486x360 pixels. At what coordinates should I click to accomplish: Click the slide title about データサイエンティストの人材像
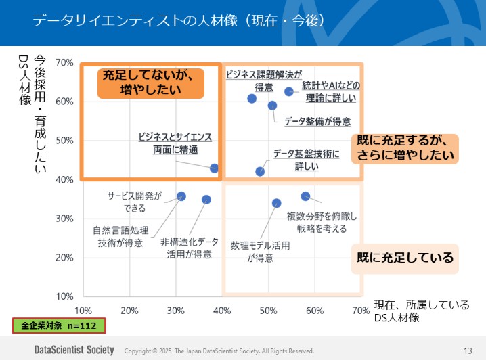pyautogui.click(x=181, y=20)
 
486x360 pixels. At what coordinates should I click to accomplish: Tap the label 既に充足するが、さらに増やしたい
pyautogui.click(x=405, y=148)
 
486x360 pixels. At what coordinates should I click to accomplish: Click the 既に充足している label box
pyautogui.click(x=405, y=258)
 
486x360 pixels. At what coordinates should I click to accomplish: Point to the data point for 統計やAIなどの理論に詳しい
pyautogui.click(x=289, y=91)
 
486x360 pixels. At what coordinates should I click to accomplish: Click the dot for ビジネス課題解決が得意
pyautogui.click(x=252, y=99)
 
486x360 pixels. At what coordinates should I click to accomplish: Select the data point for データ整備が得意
pyautogui.click(x=272, y=106)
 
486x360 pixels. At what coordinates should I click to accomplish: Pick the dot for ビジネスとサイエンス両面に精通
pyautogui.click(x=214, y=168)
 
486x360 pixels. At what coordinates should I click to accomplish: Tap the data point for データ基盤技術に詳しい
pyautogui.click(x=260, y=172)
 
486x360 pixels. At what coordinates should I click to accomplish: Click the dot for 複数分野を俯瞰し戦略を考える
pyautogui.click(x=305, y=196)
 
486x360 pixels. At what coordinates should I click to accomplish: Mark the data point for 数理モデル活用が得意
pyautogui.click(x=276, y=203)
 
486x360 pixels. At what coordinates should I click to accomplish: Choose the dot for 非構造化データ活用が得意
pyautogui.click(x=206, y=200)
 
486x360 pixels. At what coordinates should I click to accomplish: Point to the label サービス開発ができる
pyautogui.click(x=135, y=202)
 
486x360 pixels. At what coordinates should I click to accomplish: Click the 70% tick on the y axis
pyautogui.click(x=64, y=63)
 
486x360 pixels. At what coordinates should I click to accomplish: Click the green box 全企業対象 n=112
pyautogui.click(x=59, y=325)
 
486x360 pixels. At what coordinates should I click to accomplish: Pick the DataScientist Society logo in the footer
pyautogui.click(x=75, y=351)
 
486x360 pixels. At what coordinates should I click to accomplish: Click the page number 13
pyautogui.click(x=468, y=351)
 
